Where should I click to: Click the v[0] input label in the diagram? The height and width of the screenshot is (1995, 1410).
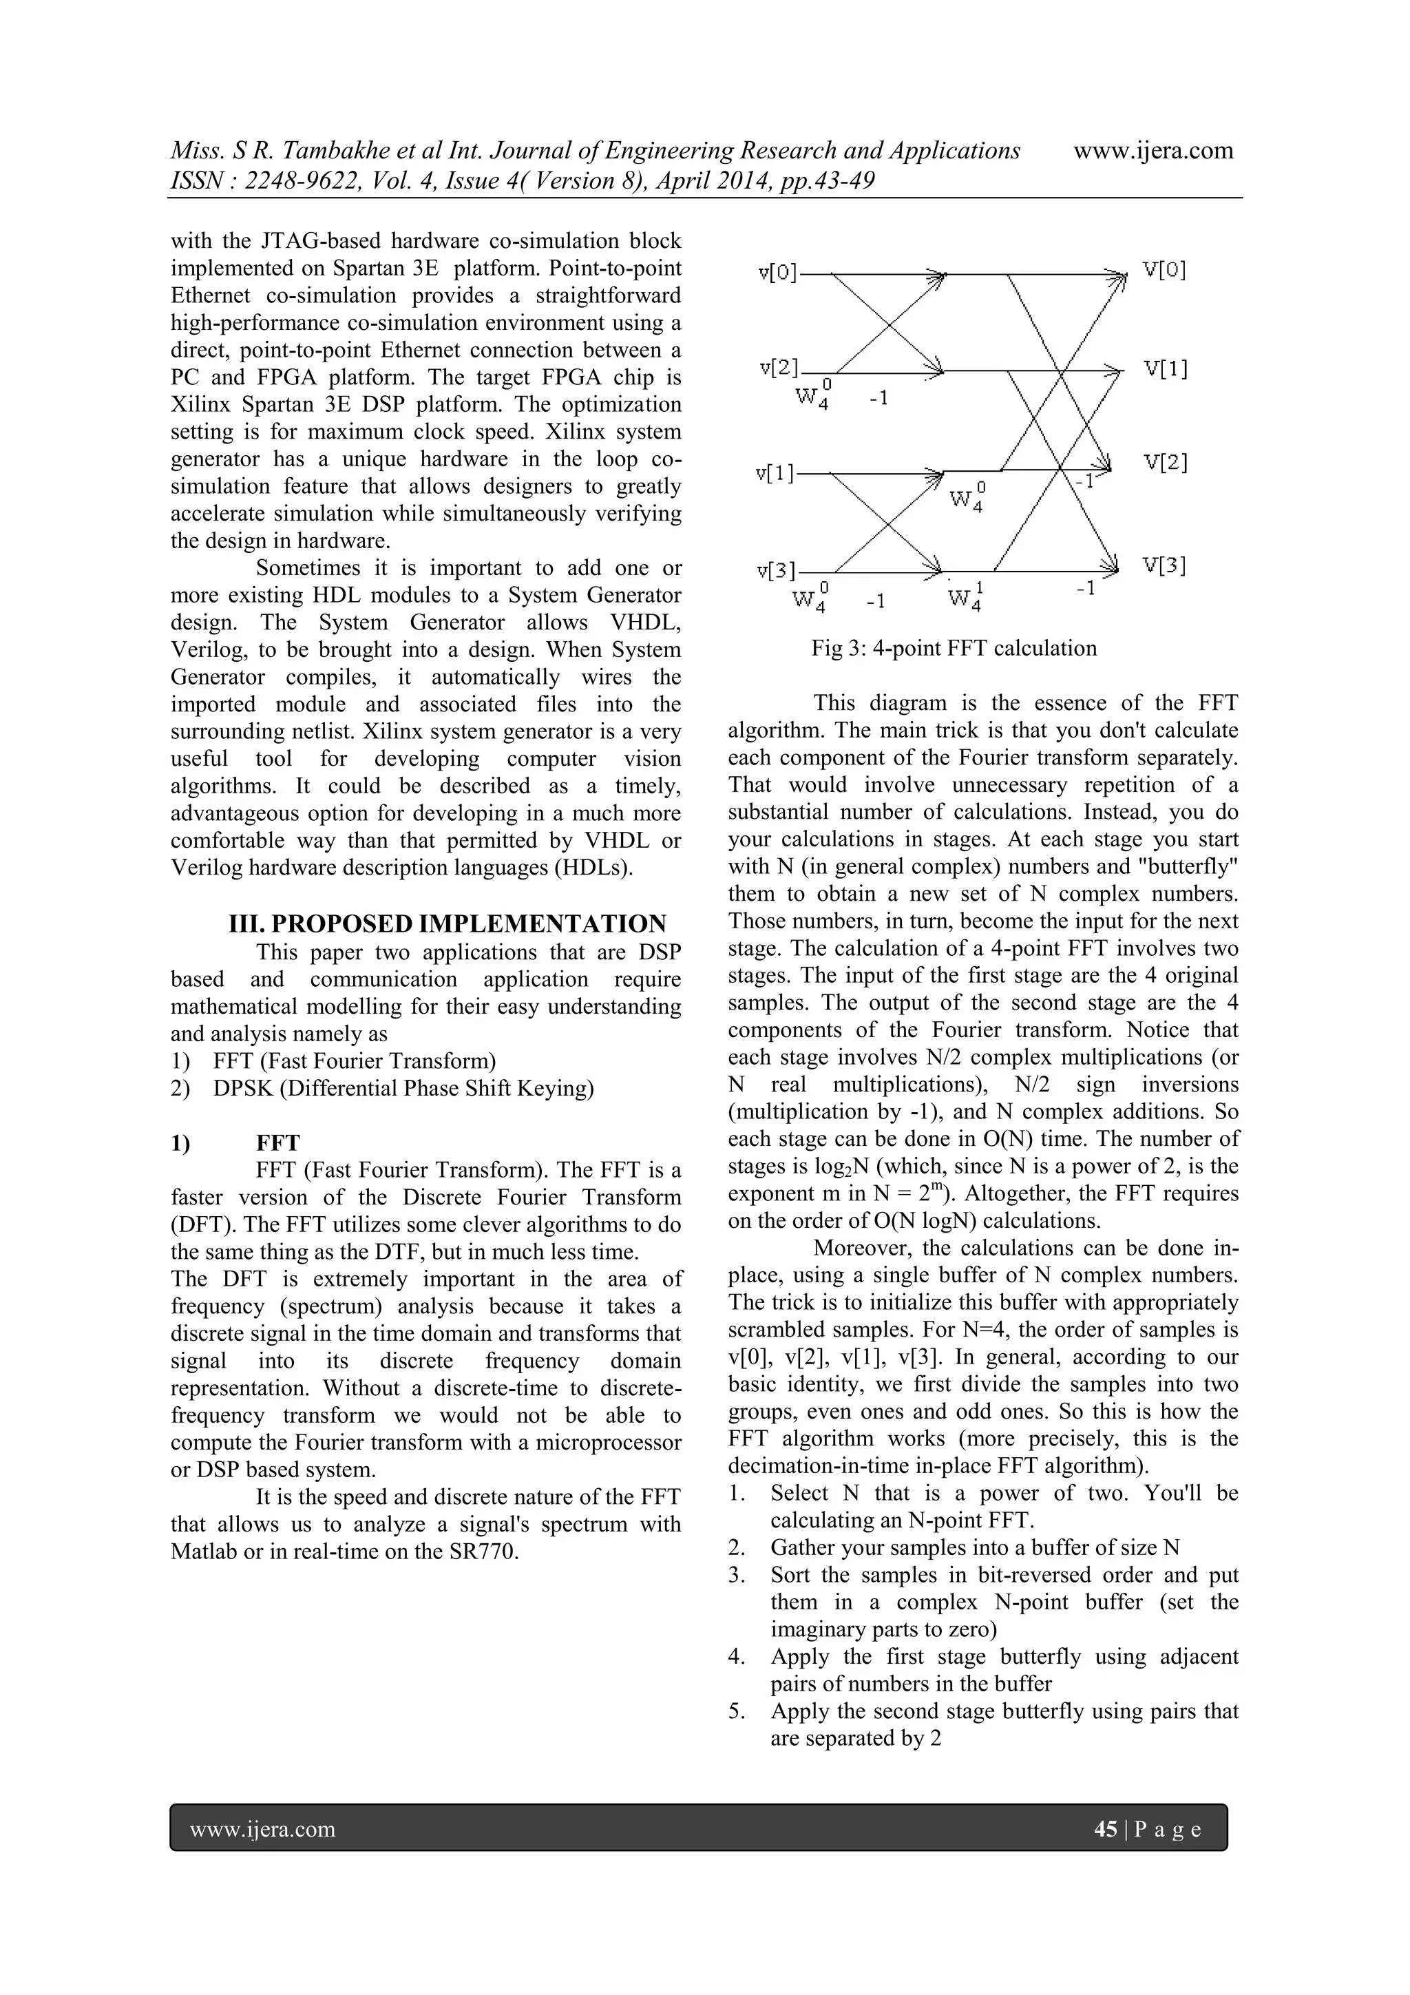pyautogui.click(x=777, y=273)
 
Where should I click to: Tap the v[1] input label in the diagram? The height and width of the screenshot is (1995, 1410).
pyautogui.click(x=775, y=474)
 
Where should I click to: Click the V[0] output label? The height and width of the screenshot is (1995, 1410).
pyautogui.click(x=1164, y=270)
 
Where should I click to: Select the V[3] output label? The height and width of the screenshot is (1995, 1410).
pyautogui.click(x=1165, y=565)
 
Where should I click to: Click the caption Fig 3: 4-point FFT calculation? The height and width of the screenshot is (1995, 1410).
pyautogui.click(x=954, y=648)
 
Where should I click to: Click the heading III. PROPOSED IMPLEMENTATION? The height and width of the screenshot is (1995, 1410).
pyautogui.click(x=448, y=923)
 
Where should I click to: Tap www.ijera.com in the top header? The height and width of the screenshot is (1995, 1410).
pyautogui.click(x=1153, y=150)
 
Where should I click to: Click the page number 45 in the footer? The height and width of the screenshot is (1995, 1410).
pyautogui.click(x=1105, y=1829)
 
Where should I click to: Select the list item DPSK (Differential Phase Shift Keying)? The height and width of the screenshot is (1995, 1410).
pyautogui.click(x=403, y=1088)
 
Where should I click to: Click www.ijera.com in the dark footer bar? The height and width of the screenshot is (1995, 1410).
pyautogui.click(x=262, y=1829)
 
